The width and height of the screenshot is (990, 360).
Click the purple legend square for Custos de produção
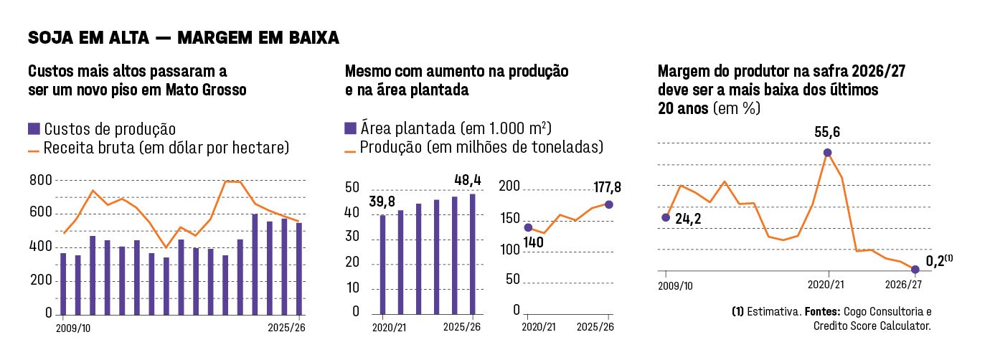[x=34, y=129]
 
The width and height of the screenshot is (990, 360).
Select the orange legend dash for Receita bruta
[x=34, y=150]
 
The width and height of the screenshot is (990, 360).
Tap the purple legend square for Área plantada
[x=351, y=128]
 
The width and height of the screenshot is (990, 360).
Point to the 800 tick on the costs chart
[x=40, y=180]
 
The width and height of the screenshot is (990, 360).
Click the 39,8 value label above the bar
[x=383, y=202]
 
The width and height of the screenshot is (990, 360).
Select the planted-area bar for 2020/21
[x=382, y=264]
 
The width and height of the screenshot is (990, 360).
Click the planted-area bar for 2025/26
[x=472, y=254]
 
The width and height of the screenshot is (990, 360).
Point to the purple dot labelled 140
[x=529, y=227]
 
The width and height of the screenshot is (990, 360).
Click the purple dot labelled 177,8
[x=609, y=204]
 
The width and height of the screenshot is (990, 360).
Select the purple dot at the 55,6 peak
[x=828, y=153]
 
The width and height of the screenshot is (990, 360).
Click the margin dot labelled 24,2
[x=666, y=217]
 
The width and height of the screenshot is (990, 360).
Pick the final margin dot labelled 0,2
[x=915, y=270]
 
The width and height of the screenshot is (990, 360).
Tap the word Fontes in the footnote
[x=821, y=312]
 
